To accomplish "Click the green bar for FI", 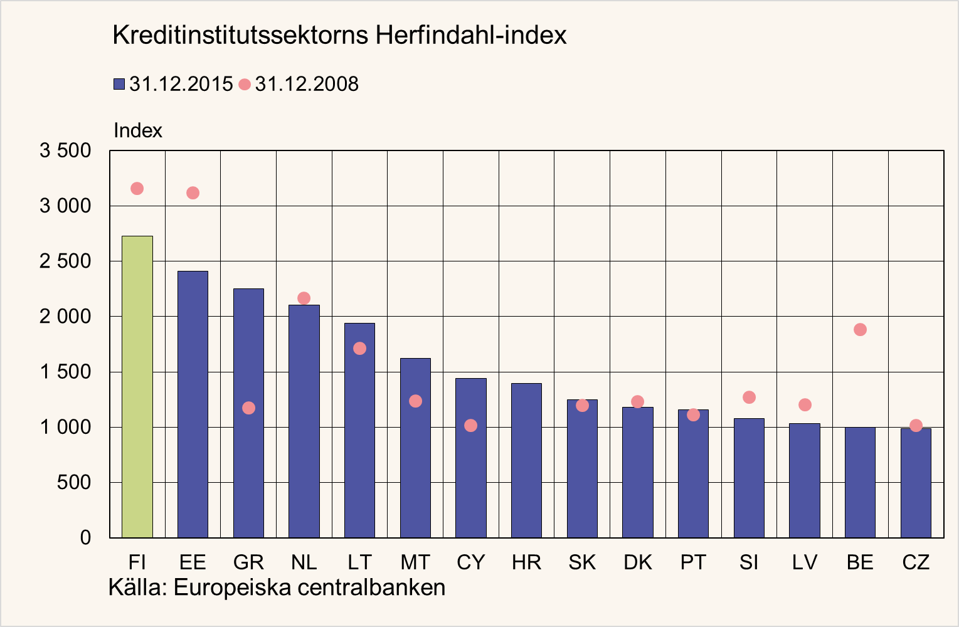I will pyautogui.click(x=137, y=387).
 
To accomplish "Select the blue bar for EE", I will pyautogui.click(x=193, y=404).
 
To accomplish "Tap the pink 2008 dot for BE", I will pyautogui.click(x=860, y=330).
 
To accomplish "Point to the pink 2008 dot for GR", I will pyautogui.click(x=248, y=408).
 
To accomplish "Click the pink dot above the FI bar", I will pyautogui.click(x=137, y=189).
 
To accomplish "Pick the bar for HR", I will pyautogui.click(x=526, y=460).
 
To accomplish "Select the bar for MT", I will pyautogui.click(x=415, y=448).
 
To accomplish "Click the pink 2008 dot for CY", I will pyautogui.click(x=470, y=426).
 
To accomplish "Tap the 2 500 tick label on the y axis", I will pyautogui.click(x=65, y=261).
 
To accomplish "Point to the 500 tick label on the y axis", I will pyautogui.click(x=74, y=483).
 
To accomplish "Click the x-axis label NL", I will pyautogui.click(x=304, y=562).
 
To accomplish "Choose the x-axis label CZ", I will pyautogui.click(x=916, y=562).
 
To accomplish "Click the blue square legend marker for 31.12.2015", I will pyautogui.click(x=119, y=84).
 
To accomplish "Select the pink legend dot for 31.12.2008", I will pyautogui.click(x=245, y=85).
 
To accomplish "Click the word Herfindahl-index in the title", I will pyautogui.click(x=471, y=35).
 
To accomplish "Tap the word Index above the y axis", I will pyautogui.click(x=138, y=130).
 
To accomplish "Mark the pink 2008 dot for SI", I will pyautogui.click(x=749, y=398).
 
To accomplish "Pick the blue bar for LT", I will pyautogui.click(x=359, y=430).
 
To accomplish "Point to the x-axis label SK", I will pyautogui.click(x=582, y=562).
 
